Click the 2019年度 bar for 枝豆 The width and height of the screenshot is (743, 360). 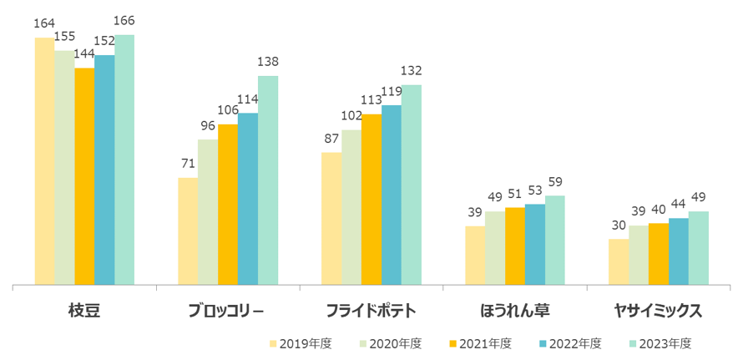(x=44, y=161)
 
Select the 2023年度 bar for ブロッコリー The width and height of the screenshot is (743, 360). (x=268, y=180)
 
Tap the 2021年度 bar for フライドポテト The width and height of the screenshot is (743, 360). (x=371, y=200)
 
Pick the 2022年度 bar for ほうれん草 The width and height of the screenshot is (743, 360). (x=535, y=245)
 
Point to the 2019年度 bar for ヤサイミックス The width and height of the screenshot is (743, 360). (x=619, y=262)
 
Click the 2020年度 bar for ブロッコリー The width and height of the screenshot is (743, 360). (x=208, y=212)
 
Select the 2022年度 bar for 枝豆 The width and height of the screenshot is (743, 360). (x=104, y=170)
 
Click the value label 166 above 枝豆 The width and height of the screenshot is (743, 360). (x=124, y=20)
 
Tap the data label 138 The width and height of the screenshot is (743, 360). (x=268, y=62)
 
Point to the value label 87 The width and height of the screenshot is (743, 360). (x=331, y=138)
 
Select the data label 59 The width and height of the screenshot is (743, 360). (x=555, y=181)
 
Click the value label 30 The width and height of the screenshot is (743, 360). (x=619, y=225)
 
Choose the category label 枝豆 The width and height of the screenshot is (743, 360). (x=84, y=311)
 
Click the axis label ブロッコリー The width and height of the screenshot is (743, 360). (x=226, y=311)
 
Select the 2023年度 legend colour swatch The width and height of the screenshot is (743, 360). (x=633, y=343)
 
